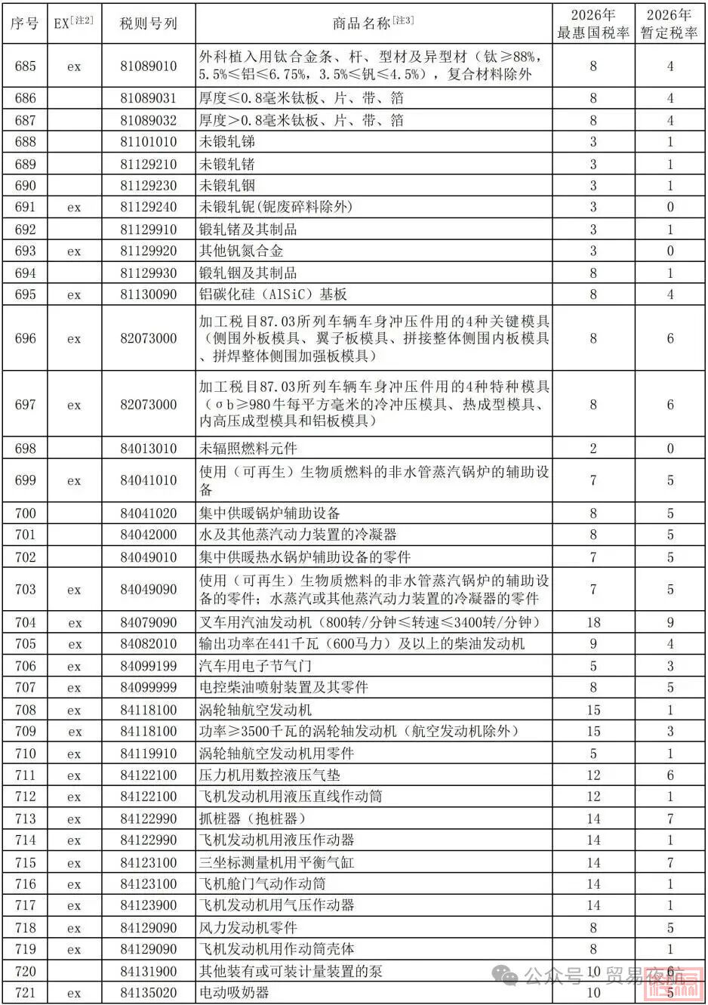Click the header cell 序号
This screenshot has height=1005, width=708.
(x=25, y=23)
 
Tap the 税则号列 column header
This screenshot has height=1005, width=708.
(x=148, y=23)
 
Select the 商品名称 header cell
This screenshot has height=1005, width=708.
(x=373, y=23)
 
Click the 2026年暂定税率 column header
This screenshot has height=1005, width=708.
(x=669, y=24)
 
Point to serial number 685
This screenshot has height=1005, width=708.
(x=25, y=66)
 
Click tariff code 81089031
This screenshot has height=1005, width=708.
(x=148, y=98)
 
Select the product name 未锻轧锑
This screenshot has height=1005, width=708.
(x=227, y=142)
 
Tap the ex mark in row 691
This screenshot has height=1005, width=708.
(x=74, y=207)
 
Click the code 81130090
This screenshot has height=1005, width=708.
(x=148, y=294)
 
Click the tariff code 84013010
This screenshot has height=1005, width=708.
(x=148, y=449)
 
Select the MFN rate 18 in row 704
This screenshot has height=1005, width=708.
(x=593, y=623)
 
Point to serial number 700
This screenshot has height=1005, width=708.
(x=25, y=513)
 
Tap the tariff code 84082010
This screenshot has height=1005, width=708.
(x=148, y=644)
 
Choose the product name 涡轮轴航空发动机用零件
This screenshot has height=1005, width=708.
(x=276, y=754)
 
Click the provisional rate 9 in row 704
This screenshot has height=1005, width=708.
(x=670, y=623)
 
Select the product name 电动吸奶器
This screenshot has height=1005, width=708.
(x=234, y=993)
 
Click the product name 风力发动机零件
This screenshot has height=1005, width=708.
(x=248, y=927)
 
